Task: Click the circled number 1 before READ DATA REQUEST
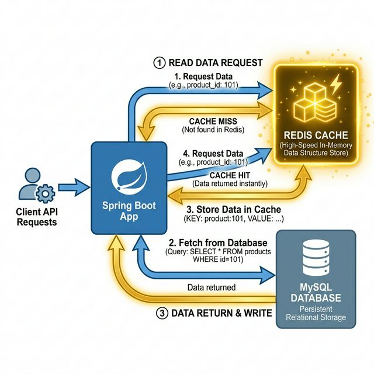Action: tap(158, 63)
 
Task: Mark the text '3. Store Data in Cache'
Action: tap(233, 209)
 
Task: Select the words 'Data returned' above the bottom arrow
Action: tap(212, 287)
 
